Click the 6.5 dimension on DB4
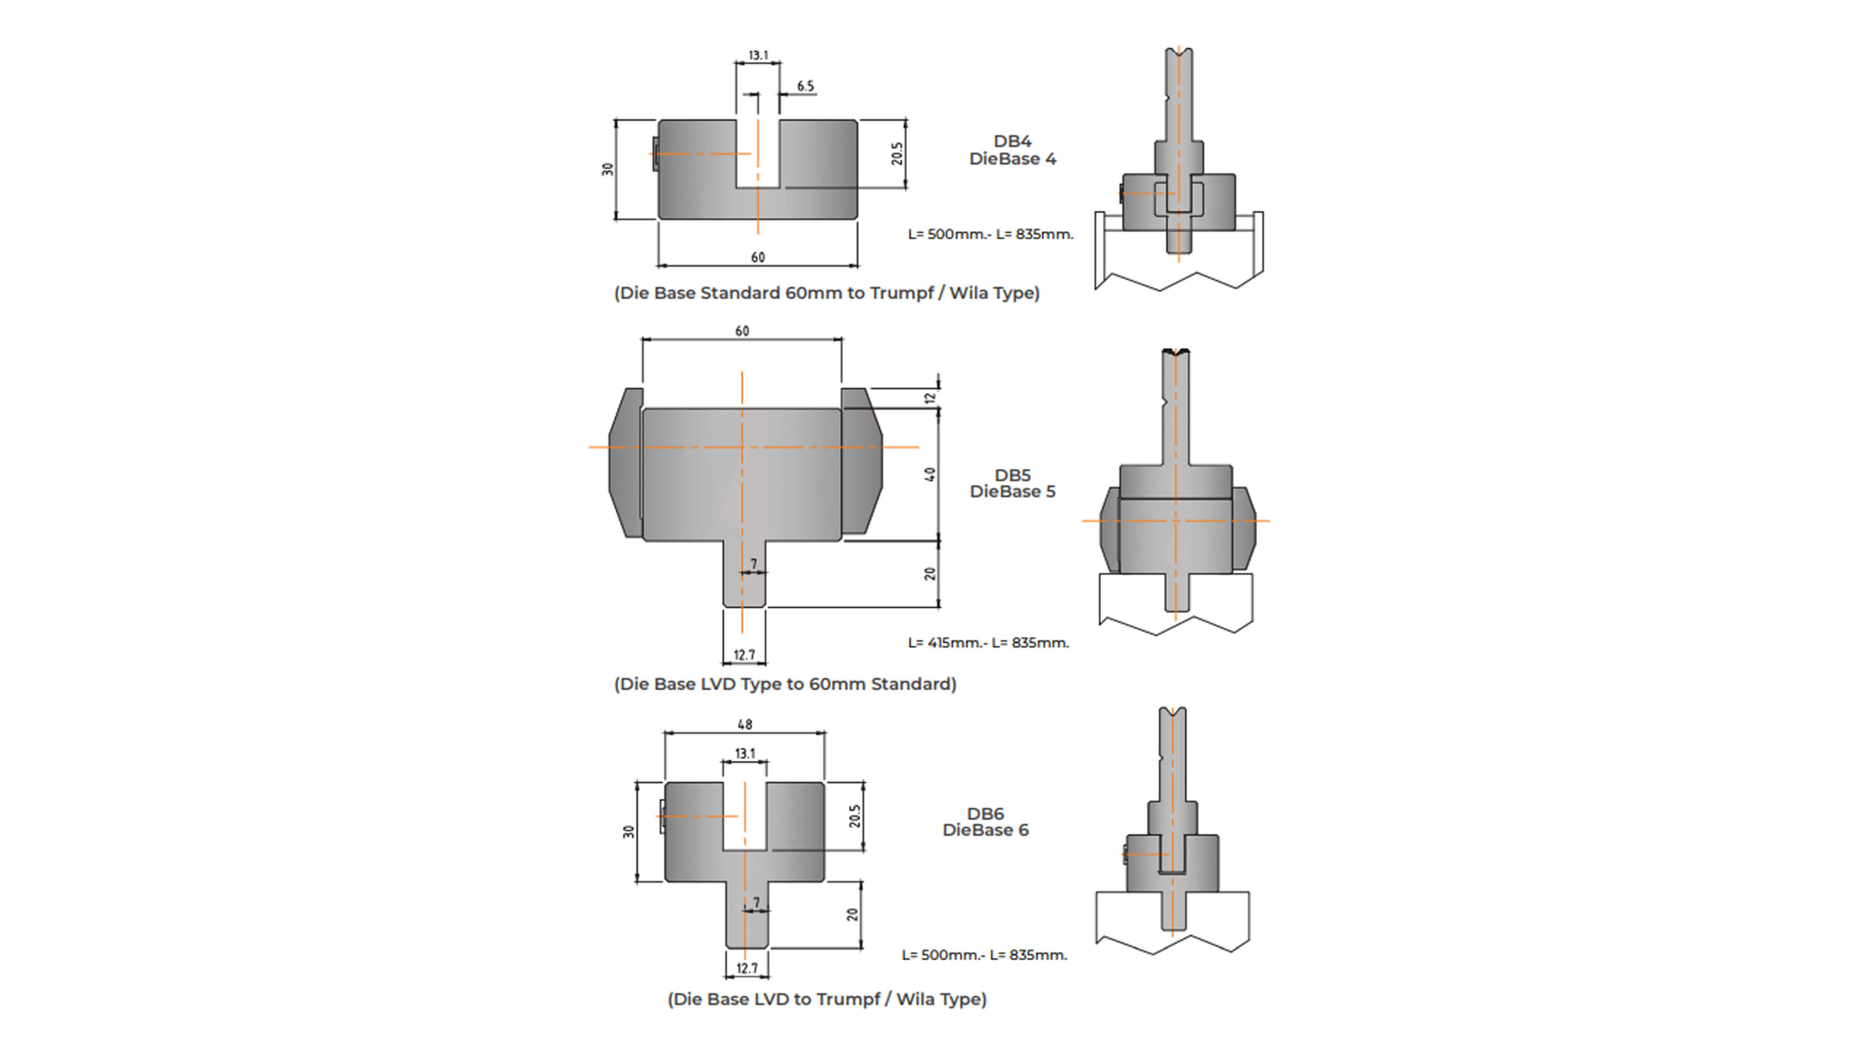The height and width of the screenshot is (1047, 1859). [805, 86]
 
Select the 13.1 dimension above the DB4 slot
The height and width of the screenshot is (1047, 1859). [758, 55]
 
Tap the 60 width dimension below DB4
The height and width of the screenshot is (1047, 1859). [758, 257]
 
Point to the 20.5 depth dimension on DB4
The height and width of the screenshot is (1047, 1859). [897, 153]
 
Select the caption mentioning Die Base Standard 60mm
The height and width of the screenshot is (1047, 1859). [826, 293]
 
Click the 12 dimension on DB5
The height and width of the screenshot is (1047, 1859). [930, 397]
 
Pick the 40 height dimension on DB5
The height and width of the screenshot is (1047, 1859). [930, 474]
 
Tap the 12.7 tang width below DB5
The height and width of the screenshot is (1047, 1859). [744, 654]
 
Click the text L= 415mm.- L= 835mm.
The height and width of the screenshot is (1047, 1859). [988, 642]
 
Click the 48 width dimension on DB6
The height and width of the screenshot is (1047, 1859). [745, 724]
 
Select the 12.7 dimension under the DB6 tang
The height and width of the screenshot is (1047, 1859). [747, 967]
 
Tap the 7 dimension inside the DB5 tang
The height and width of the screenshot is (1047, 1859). [754, 563]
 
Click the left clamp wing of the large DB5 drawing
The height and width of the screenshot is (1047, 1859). [625, 462]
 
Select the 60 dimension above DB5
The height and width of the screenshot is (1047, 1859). [742, 330]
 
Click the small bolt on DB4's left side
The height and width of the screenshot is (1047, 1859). [655, 154]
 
